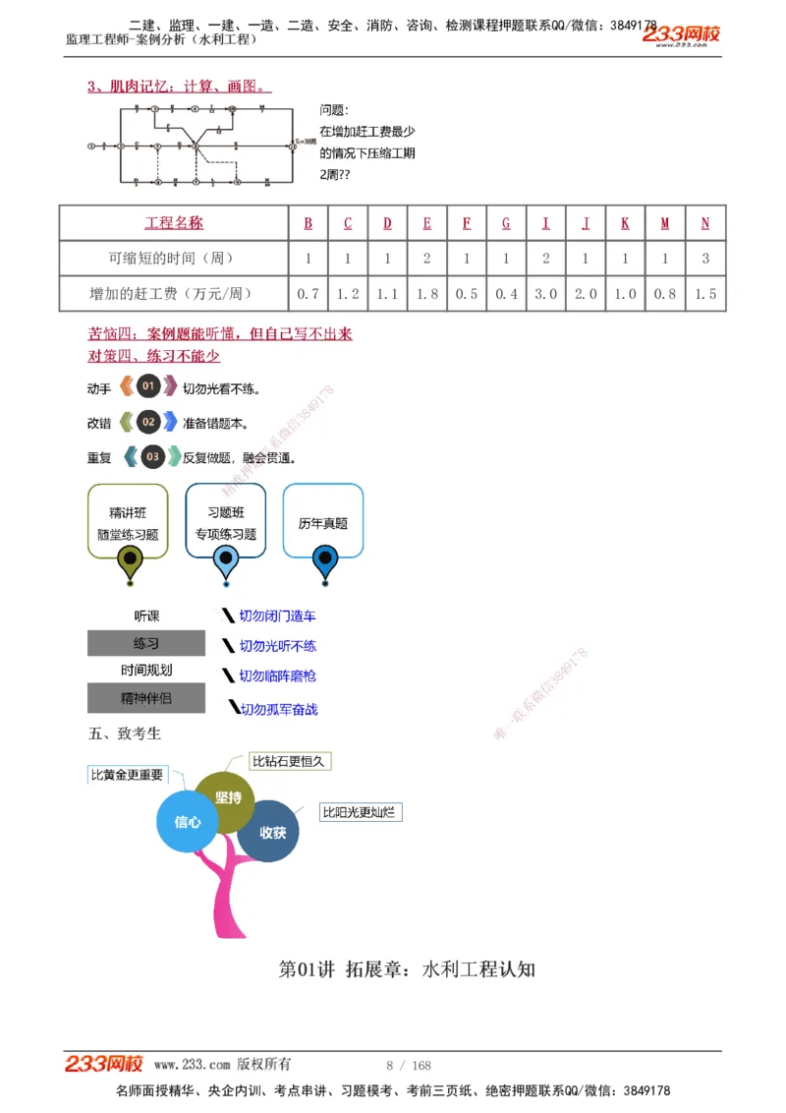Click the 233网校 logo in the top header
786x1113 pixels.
pyautogui.click(x=681, y=35)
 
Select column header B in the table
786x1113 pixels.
pyautogui.click(x=308, y=223)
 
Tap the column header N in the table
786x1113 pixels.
pyautogui.click(x=705, y=223)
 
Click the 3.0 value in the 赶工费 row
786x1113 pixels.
pyautogui.click(x=545, y=293)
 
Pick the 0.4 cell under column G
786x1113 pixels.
pyautogui.click(x=506, y=293)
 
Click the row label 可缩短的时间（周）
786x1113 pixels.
pyautogui.click(x=172, y=259)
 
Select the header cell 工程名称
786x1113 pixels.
pyautogui.click(x=174, y=223)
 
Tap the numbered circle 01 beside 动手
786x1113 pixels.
pyautogui.click(x=148, y=386)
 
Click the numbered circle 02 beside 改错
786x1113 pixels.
pyautogui.click(x=148, y=423)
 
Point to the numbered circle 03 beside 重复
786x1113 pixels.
pyautogui.click(x=152, y=457)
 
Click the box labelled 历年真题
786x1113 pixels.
pyautogui.click(x=323, y=522)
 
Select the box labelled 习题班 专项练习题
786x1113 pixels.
pyautogui.click(x=225, y=522)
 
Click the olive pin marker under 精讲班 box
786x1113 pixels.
pyautogui.click(x=129, y=561)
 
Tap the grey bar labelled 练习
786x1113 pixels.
pyautogui.click(x=146, y=644)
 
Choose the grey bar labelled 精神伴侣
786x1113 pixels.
pyautogui.click(x=146, y=699)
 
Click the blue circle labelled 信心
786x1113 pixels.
pyautogui.click(x=188, y=821)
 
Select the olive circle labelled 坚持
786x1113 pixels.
pyautogui.click(x=228, y=798)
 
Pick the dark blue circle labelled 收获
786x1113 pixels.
pyautogui.click(x=272, y=832)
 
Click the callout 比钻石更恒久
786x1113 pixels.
pyautogui.click(x=288, y=761)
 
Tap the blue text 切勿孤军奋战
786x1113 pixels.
pyautogui.click(x=279, y=709)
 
